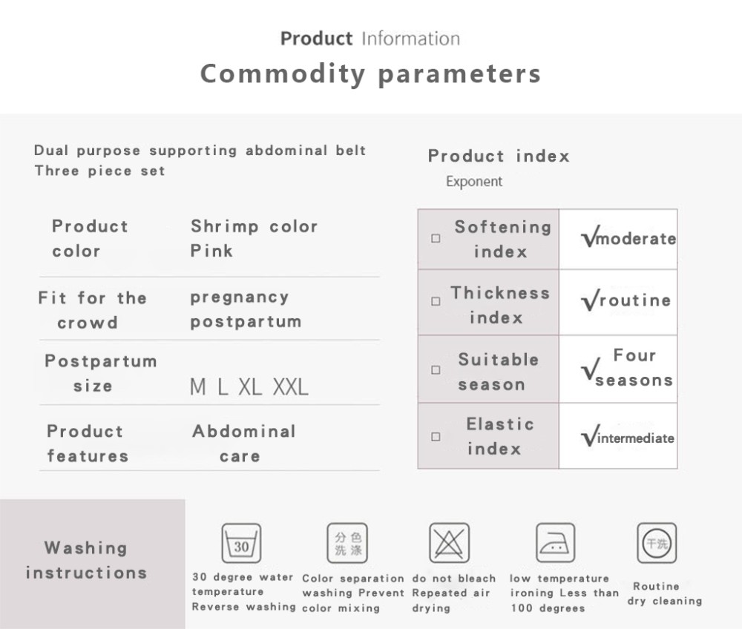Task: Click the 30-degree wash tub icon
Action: pos(241,543)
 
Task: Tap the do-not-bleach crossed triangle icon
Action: pos(449,543)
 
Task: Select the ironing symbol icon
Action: pos(555,542)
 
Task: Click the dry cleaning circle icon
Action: pos(657,543)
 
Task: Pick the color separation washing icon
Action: pos(347,543)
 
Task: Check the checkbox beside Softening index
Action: pos(436,238)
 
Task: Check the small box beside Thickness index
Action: pos(436,301)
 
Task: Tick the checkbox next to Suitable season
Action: pos(436,370)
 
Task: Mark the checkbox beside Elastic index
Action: pos(436,436)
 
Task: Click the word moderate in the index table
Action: pos(637,238)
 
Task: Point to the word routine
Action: pos(635,300)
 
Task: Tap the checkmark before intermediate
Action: pos(590,435)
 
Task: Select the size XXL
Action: pos(291,387)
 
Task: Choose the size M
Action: pos(198,387)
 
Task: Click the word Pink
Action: pos(211,251)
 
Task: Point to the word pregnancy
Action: pos(240,298)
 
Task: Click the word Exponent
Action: pos(474,182)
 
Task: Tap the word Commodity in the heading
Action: pos(283,74)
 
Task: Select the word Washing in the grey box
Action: pos(85,547)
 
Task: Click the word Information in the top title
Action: pos(411,39)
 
